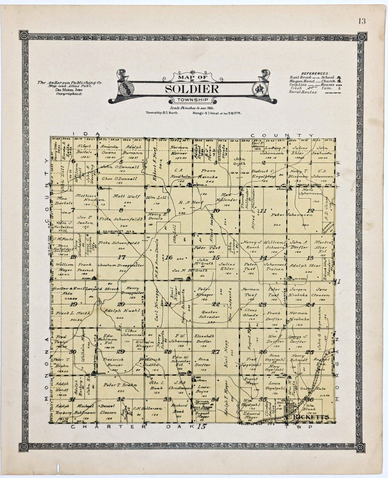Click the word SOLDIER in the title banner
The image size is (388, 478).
(192, 90)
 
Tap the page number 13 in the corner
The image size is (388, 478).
(362, 21)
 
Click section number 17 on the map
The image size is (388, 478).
(121, 257)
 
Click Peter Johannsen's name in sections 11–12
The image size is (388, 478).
(288, 216)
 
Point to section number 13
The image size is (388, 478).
(310, 257)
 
